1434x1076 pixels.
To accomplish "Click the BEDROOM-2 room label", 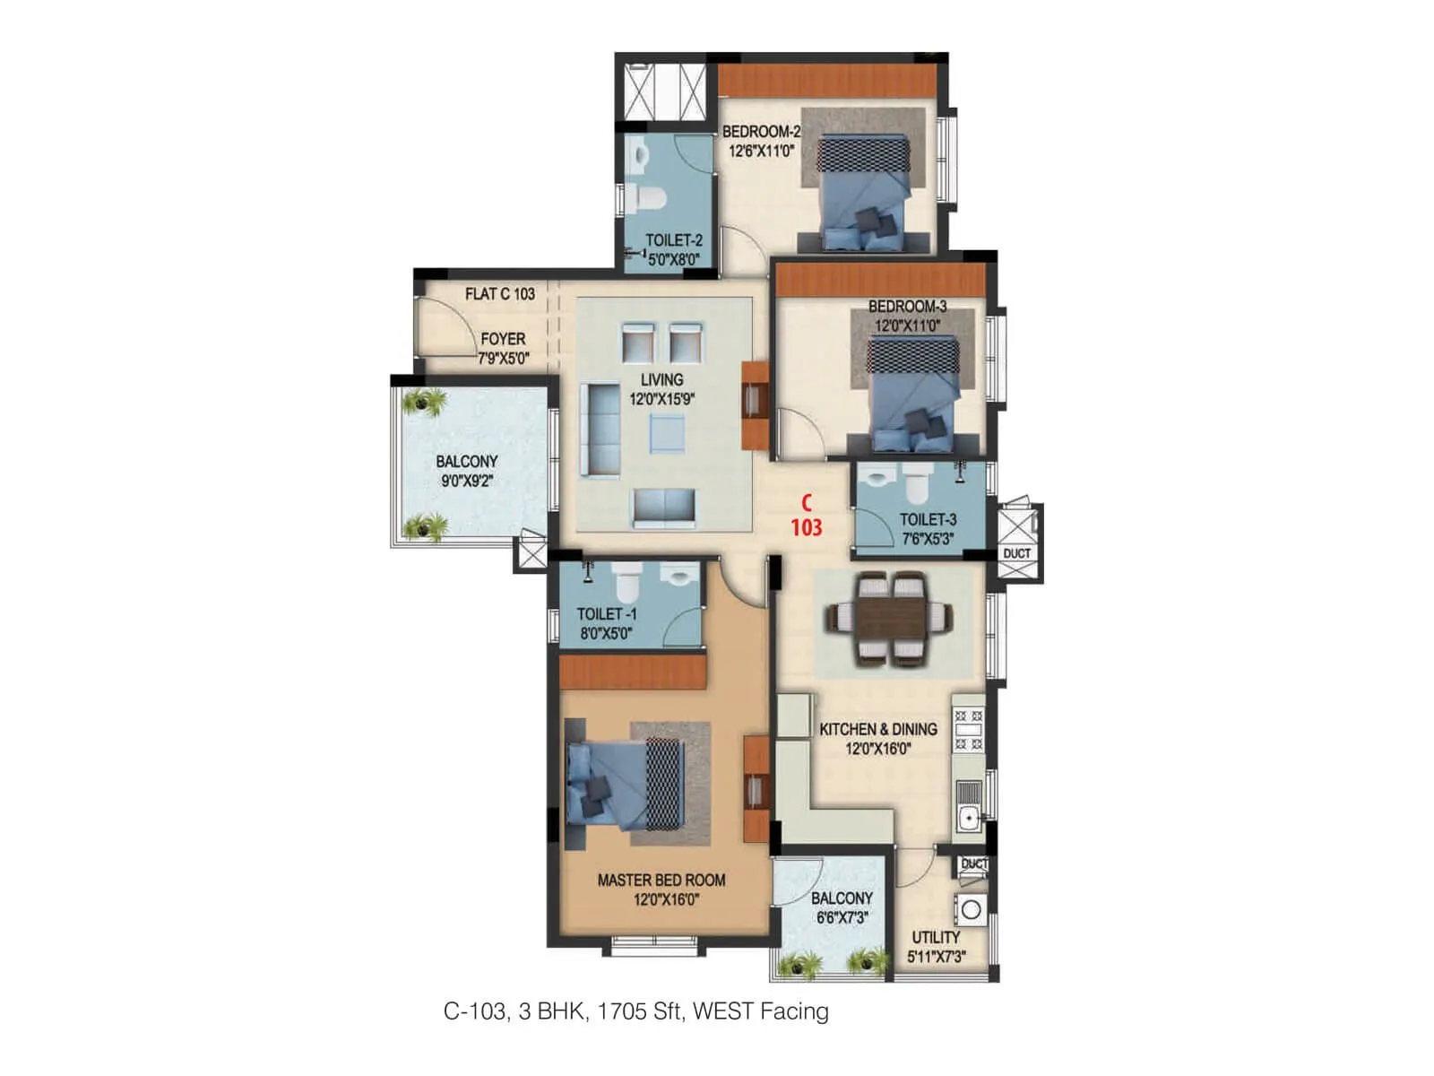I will click(761, 132).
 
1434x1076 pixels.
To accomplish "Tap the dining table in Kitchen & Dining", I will click(890, 620).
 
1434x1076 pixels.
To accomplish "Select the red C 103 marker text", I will click(807, 516).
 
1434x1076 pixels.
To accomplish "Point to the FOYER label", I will click(503, 339).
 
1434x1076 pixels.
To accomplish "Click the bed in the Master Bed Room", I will click(625, 785).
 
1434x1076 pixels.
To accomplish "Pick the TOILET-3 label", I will click(928, 519).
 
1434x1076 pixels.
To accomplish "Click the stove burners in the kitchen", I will click(968, 730).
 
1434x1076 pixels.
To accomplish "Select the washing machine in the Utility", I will click(971, 909).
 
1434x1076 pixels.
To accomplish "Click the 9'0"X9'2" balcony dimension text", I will click(467, 482).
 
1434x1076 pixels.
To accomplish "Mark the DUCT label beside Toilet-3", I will click(1016, 553).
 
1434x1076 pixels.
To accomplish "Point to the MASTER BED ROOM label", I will click(661, 881).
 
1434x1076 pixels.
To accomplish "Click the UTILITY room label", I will click(936, 937).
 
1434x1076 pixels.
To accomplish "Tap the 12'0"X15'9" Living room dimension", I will click(661, 399).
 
